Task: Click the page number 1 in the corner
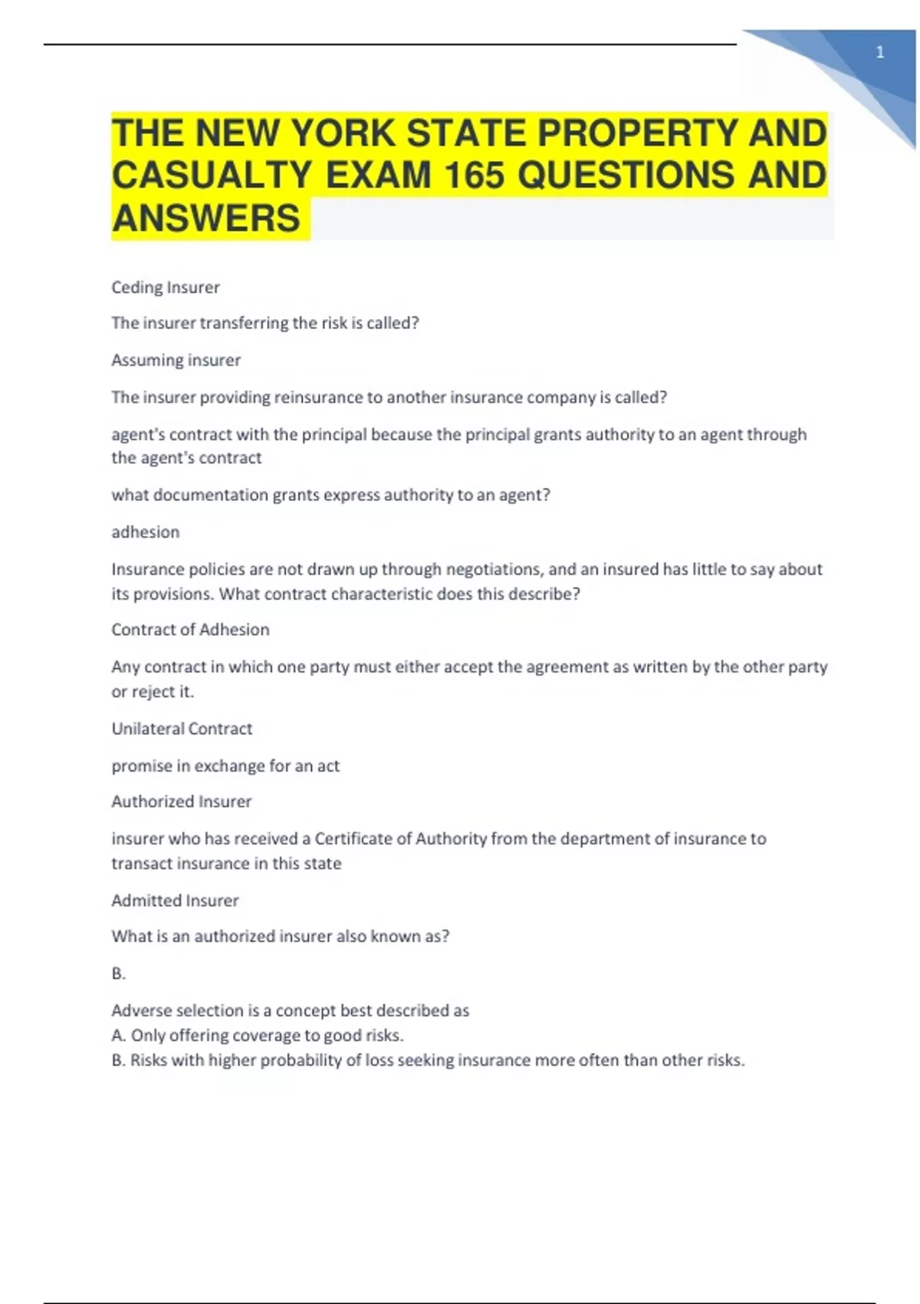[x=879, y=52]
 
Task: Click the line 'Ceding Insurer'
[x=166, y=287]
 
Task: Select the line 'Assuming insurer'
[x=176, y=360]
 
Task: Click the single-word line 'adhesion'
[x=145, y=532]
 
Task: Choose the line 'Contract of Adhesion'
[x=190, y=630]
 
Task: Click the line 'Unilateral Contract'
[x=182, y=729]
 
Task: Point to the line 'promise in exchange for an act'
[x=225, y=766]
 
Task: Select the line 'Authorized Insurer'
[x=181, y=802]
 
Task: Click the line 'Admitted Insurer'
[x=175, y=901]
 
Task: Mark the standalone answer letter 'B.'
[x=118, y=973]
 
